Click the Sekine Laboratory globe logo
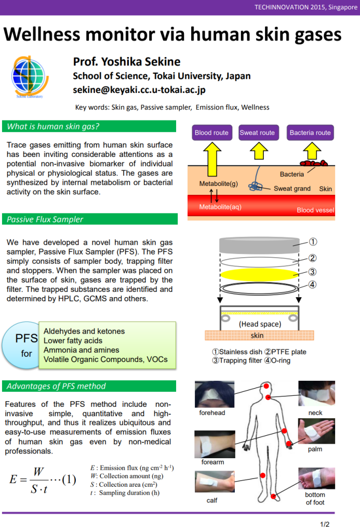pyautogui.click(x=30, y=77)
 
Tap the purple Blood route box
pyautogui.click(x=212, y=132)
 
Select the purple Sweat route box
pyautogui.click(x=258, y=132)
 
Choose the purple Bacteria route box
pyautogui.click(x=310, y=132)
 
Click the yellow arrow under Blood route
pyautogui.click(x=212, y=159)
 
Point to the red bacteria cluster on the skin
pyautogui.click(x=314, y=163)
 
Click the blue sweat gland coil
pyautogui.click(x=255, y=187)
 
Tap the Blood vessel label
pyautogui.click(x=315, y=210)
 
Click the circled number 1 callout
pyautogui.click(x=313, y=242)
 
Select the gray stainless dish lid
pyautogui.click(x=260, y=245)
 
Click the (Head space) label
pyautogui.click(x=260, y=324)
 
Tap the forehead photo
pyautogui.click(x=215, y=394)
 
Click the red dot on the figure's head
pyautogui.click(x=266, y=386)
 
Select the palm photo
pyautogui.click(x=316, y=431)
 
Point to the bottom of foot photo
pyautogui.click(x=316, y=478)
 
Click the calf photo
pyautogui.click(x=215, y=482)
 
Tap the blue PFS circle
pyautogui.click(x=21, y=345)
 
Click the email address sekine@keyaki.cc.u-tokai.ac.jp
pyautogui.click(x=139, y=90)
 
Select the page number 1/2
pyautogui.click(x=325, y=524)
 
